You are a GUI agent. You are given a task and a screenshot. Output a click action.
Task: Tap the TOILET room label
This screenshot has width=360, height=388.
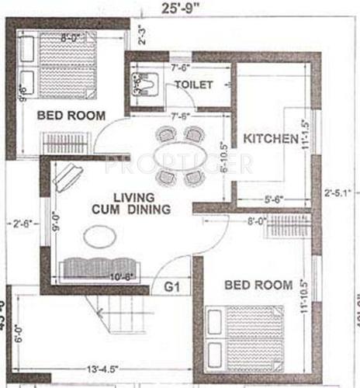coord(192,84)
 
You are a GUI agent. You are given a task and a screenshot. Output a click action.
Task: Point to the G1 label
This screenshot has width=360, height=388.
coord(172,288)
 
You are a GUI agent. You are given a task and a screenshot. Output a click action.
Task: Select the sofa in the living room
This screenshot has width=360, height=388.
coord(96,266)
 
